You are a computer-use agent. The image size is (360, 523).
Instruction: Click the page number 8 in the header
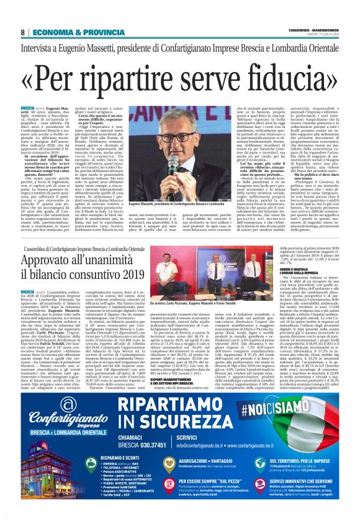click(x=22, y=32)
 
